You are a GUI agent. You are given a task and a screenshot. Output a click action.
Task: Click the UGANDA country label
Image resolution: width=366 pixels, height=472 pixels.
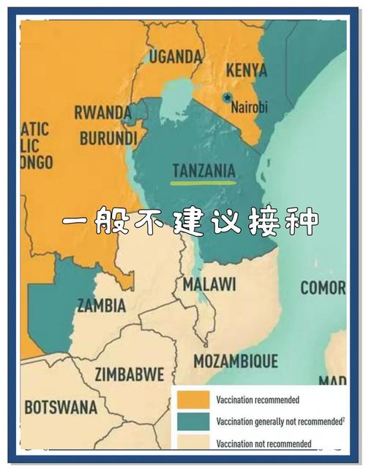176,56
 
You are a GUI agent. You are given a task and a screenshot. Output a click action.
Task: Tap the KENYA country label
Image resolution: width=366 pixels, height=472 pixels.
247,71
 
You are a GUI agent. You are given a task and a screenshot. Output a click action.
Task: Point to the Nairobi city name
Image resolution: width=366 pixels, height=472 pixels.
250,107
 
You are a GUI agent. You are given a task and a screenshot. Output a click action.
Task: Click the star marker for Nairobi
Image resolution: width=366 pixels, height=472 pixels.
227,97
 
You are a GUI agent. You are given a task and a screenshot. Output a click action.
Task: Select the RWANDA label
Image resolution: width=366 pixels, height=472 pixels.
102,113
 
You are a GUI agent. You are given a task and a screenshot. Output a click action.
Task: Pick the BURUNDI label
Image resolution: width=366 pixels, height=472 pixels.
108,138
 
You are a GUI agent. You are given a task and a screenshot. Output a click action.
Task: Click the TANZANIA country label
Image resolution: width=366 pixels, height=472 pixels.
203,170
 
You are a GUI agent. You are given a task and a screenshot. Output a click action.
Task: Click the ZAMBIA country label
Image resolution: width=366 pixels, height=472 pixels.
101,305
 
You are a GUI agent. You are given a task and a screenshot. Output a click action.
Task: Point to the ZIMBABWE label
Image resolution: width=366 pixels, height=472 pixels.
130,374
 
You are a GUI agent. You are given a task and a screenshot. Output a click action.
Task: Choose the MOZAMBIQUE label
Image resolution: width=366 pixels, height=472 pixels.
235,361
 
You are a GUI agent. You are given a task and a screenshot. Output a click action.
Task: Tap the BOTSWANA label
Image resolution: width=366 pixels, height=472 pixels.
61,406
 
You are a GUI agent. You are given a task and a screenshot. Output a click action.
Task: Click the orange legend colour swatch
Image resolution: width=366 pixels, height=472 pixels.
192,400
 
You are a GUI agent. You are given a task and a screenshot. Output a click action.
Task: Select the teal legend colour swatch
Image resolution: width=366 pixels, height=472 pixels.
192,421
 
